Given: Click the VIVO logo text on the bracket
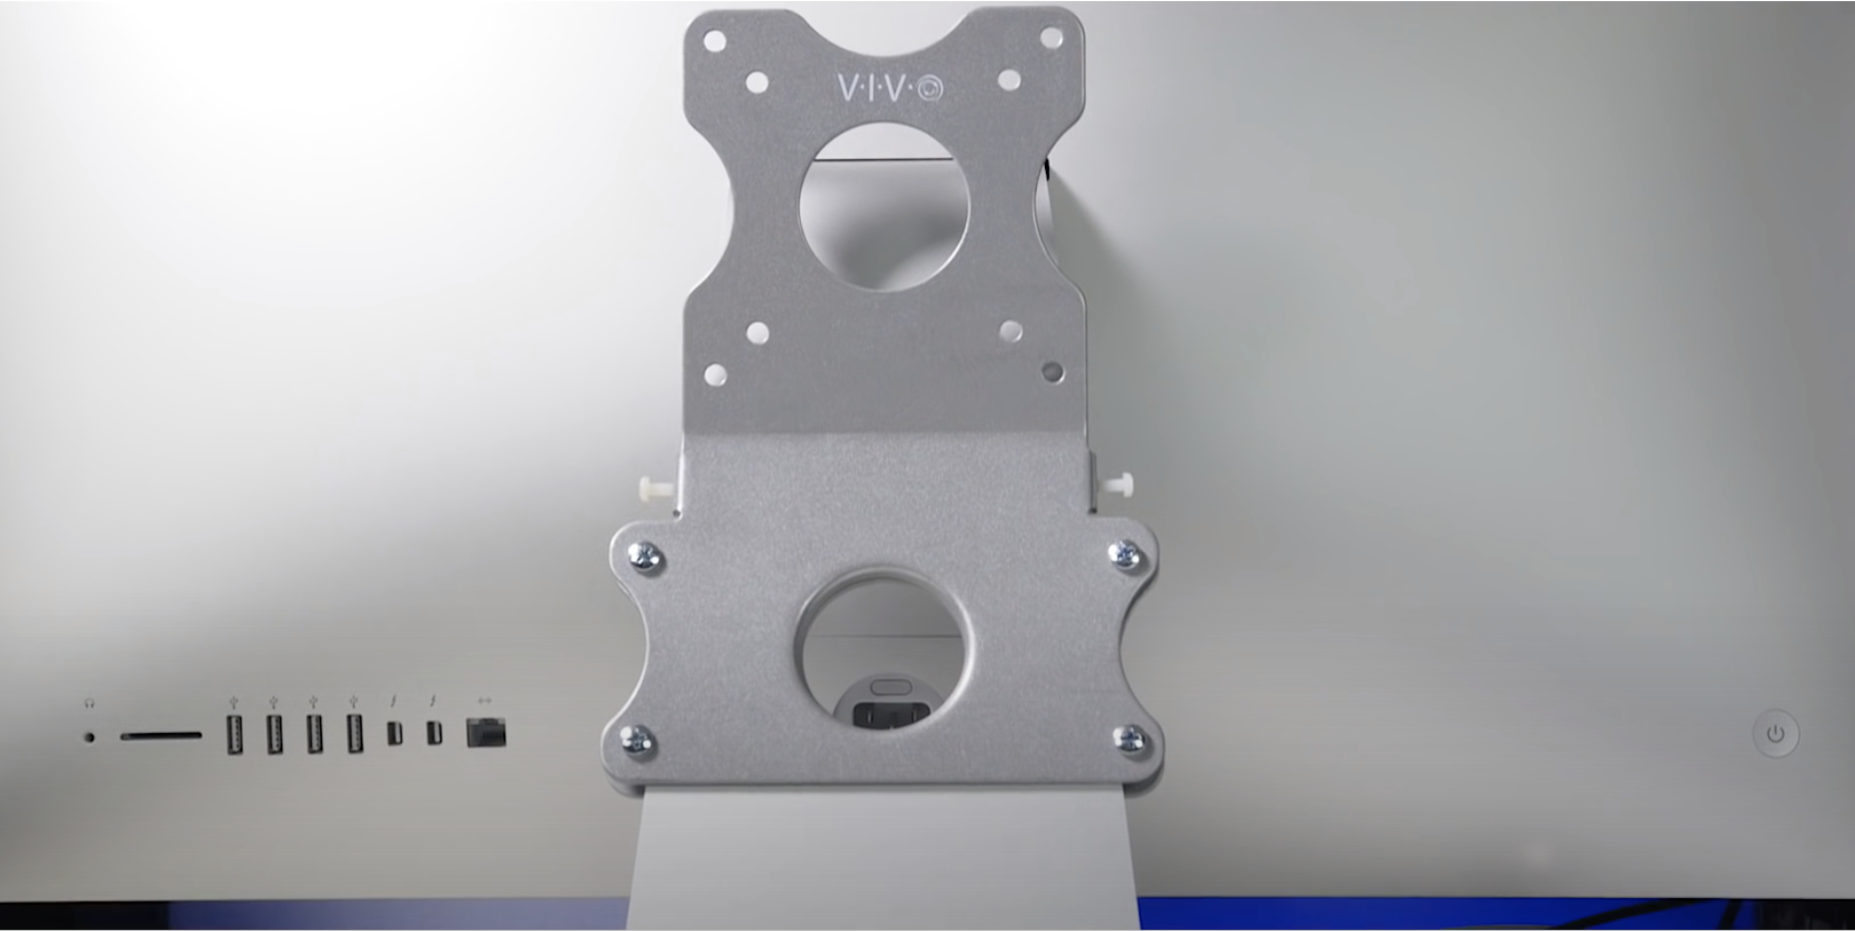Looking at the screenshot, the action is pos(891,89).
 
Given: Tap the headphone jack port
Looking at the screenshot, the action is pos(90,737).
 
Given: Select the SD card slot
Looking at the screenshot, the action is pos(161,736).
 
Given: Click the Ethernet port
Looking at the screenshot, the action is pos(486,732).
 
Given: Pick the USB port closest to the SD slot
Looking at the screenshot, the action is pos(235,734).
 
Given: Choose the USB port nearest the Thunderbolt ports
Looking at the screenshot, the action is pos(355,734).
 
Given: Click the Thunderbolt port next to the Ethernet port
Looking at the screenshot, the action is pos(433,733).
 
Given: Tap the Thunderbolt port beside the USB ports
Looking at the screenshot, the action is pos(395,733).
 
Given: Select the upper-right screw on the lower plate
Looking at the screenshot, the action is pos(1125,555).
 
